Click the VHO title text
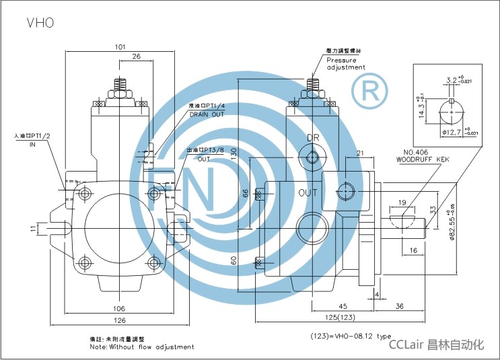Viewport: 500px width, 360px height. [x=40, y=22]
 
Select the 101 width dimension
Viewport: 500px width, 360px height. [x=119, y=47]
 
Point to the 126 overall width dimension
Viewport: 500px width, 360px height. [x=119, y=320]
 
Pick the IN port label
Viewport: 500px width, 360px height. [x=32, y=144]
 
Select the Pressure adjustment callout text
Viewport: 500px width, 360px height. [x=346, y=64]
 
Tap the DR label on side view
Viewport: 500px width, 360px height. [x=313, y=138]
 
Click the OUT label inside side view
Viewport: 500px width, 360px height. [x=308, y=192]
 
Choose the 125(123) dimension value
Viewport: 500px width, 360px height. [x=338, y=318]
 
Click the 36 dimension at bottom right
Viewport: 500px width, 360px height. [x=399, y=307]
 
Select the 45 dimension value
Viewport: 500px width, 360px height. [x=342, y=307]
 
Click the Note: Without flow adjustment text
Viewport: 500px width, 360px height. [x=143, y=347]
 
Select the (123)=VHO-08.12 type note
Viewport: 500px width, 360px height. [x=350, y=335]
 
